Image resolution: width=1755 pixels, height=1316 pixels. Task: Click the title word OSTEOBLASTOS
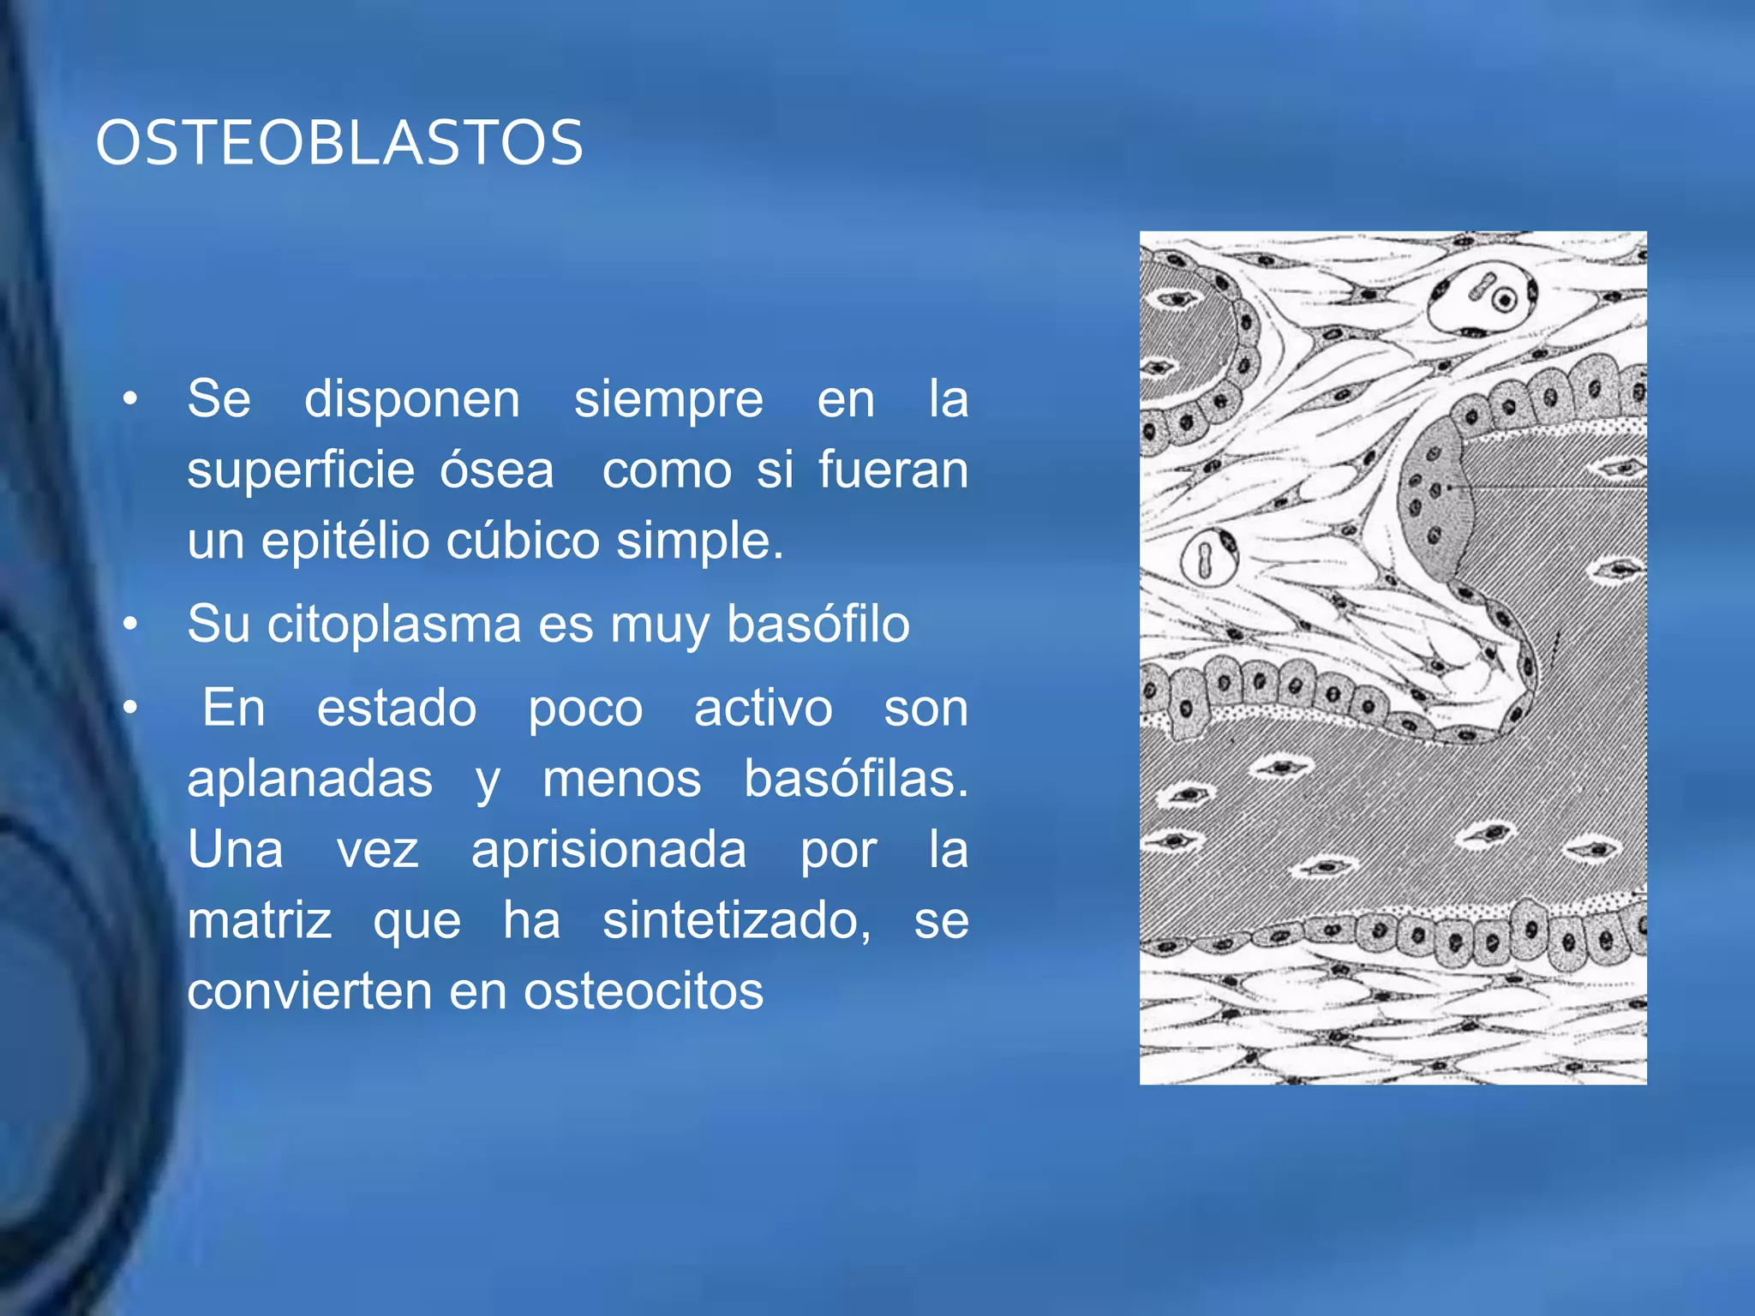click(339, 143)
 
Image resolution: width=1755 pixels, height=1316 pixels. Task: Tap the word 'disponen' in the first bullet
click(412, 399)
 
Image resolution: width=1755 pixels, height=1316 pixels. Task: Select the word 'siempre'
click(668, 399)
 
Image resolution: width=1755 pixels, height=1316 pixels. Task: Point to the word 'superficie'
click(301, 470)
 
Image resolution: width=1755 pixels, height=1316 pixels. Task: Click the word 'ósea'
click(497, 470)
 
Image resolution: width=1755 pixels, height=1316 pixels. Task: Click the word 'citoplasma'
click(394, 624)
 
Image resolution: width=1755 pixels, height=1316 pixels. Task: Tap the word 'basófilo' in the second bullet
click(818, 624)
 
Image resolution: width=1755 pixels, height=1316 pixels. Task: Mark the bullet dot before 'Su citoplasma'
click(129, 625)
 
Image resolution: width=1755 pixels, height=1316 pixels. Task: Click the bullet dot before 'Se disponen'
click(129, 399)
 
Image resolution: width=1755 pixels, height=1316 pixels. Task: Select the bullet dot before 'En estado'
click(129, 709)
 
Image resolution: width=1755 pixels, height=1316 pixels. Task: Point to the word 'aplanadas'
click(310, 780)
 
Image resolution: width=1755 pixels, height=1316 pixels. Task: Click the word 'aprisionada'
click(608, 850)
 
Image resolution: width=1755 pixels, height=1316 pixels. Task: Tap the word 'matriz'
click(260, 921)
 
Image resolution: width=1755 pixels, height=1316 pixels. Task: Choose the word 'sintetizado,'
click(737, 921)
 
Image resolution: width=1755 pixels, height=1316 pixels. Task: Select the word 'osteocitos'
click(644, 991)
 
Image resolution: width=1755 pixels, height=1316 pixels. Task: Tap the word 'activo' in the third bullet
click(763, 709)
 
